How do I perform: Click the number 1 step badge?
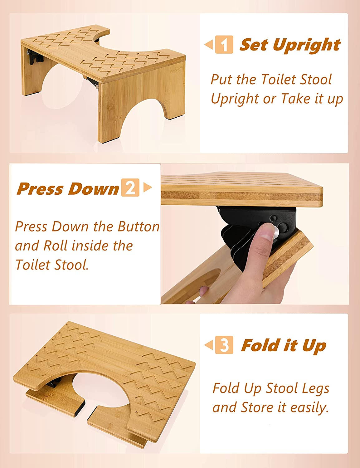[x=224, y=45]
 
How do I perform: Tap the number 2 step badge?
[x=130, y=188]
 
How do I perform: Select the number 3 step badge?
[x=224, y=345]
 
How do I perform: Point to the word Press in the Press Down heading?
[x=40, y=189]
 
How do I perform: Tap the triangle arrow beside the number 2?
[x=148, y=187]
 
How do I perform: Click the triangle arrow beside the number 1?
[x=208, y=44]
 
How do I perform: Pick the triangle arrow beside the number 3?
[x=208, y=345]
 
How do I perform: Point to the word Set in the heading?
[x=254, y=44]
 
